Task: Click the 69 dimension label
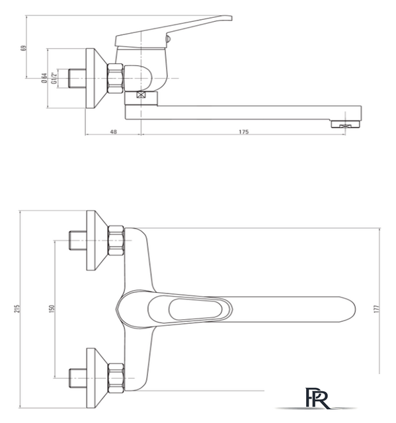pyautogui.click(x=24, y=48)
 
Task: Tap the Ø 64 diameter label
pyautogui.click(x=44, y=78)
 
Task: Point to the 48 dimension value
pyautogui.click(x=114, y=132)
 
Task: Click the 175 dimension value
pyautogui.click(x=243, y=132)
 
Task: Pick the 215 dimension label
pyautogui.click(x=17, y=309)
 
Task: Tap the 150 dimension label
pyautogui.click(x=52, y=309)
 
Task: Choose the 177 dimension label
pyautogui.click(x=377, y=309)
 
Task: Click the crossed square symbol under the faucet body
pyautogui.click(x=141, y=95)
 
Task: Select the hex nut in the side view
pyautogui.click(x=116, y=79)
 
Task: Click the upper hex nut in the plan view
pyautogui.click(x=116, y=241)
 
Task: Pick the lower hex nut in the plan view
pyautogui.click(x=116, y=378)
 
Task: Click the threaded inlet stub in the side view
pyautogui.click(x=77, y=78)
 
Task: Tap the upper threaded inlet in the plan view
pyautogui.click(x=77, y=241)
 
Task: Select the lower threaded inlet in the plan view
pyautogui.click(x=77, y=378)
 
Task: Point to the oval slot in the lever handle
pyautogui.click(x=195, y=309)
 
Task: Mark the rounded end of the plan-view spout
pyautogui.click(x=350, y=309)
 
